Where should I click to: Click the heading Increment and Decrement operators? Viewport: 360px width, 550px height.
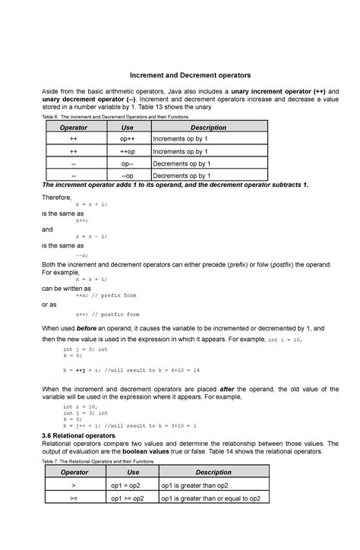179,76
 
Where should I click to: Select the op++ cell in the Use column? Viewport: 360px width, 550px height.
128,140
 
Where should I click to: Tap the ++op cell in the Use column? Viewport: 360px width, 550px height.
128,152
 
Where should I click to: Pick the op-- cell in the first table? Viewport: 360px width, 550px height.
128,164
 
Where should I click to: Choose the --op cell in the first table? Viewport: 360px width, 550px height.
128,175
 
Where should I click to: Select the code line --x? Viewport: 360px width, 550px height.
81,255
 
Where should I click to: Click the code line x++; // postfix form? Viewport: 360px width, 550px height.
108,314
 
